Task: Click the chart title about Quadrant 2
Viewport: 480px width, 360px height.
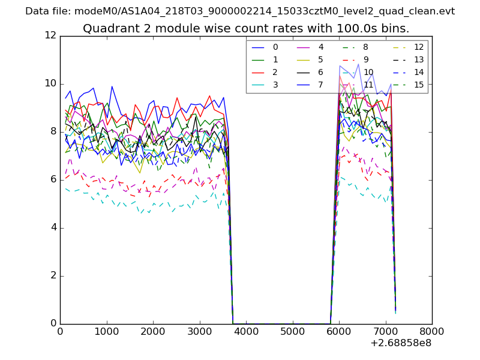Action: (246, 28)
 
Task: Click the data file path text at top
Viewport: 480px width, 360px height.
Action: (240, 11)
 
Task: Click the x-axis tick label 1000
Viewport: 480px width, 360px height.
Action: (106, 331)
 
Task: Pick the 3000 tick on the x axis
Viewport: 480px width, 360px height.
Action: (199, 331)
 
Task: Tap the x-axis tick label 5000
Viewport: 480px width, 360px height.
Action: (292, 331)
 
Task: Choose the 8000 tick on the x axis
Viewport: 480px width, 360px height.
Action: (432, 331)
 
